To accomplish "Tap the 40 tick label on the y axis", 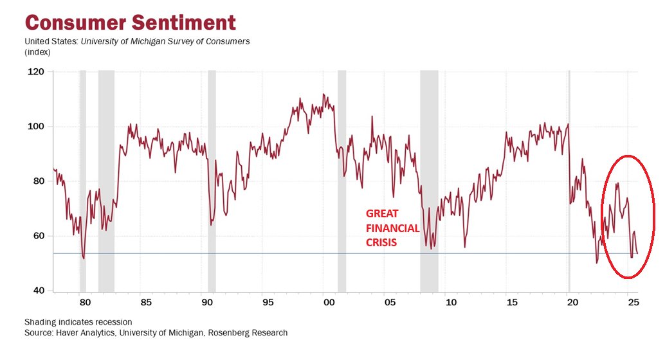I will tap(38, 291).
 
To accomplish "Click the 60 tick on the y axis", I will tap(38, 236).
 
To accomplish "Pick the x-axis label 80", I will tap(83, 302).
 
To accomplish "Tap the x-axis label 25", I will tap(632, 302).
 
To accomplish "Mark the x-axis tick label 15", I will tap(511, 302).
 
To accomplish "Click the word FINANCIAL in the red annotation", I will tap(392, 228).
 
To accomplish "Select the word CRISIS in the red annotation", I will tap(381, 243).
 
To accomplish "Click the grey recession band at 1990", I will tap(212, 180).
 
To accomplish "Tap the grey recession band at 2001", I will tap(342, 180).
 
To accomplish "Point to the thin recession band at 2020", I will tap(569, 180).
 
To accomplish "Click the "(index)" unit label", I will tap(38, 52).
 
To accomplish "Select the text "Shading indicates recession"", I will tap(78, 321).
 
